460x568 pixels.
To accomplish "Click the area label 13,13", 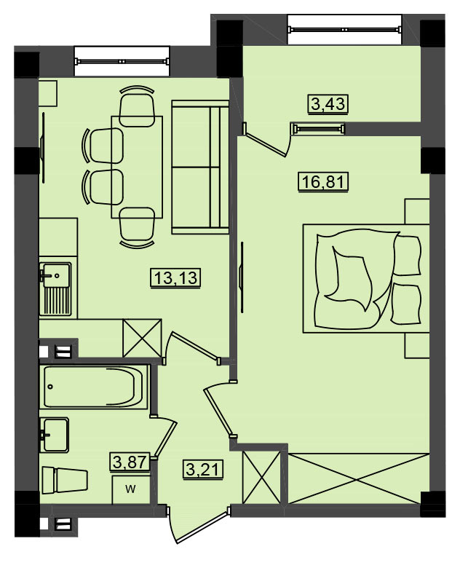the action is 175,278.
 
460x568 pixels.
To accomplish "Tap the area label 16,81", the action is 322,181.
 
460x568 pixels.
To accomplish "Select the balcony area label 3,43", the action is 328,104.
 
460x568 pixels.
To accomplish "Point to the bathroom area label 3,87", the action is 130,462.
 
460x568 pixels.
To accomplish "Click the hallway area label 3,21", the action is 202,470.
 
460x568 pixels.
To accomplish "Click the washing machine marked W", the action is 131,489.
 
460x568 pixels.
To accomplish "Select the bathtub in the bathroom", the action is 95,387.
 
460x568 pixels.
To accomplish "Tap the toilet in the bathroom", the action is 65,481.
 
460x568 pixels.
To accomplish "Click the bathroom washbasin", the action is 55,435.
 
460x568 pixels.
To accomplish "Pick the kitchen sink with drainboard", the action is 56,289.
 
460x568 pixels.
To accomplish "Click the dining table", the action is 137,167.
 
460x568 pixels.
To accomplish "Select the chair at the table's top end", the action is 137,106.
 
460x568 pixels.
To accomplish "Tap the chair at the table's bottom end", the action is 137,227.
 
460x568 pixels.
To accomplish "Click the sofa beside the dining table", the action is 200,167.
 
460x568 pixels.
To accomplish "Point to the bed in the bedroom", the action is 366,278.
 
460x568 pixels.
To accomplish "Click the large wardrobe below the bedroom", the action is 357,478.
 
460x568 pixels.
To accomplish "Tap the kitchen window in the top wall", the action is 122,61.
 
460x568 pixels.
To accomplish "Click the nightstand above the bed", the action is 417,211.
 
